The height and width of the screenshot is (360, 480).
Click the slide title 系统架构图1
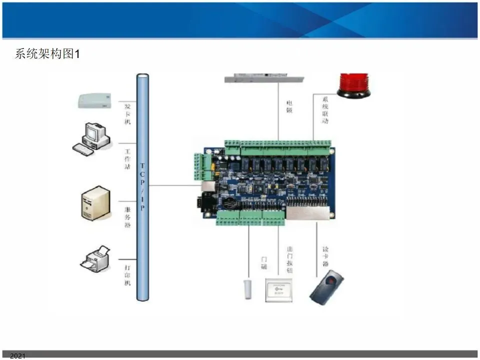tap(47, 54)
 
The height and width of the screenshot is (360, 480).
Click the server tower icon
tap(94, 202)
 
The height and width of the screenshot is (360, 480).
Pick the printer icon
tap(96, 258)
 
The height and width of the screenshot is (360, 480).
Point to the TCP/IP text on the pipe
tap(142, 186)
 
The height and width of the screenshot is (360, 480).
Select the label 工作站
tap(127, 159)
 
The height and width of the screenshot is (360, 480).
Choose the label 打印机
tap(127, 275)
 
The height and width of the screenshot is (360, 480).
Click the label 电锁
tap(289, 106)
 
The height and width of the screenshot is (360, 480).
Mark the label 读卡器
tap(325, 256)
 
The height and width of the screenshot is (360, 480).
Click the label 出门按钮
tap(289, 259)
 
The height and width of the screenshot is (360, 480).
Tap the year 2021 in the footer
tap(17, 356)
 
